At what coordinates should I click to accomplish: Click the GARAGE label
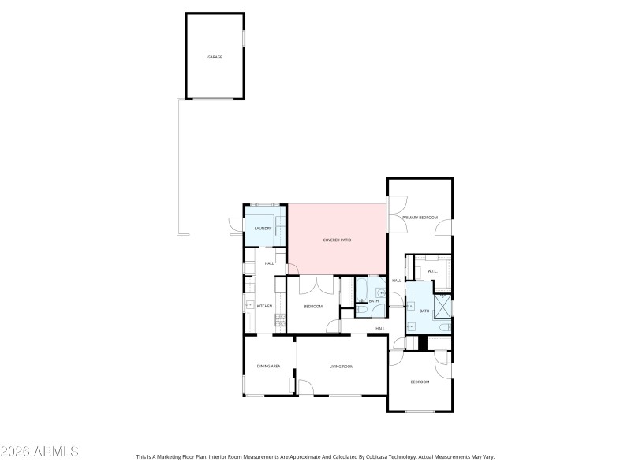pos(215,58)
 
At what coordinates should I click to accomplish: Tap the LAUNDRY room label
pos(263,229)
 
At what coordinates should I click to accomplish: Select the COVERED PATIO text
pos(337,240)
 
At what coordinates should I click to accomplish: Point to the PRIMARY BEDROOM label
pos(420,218)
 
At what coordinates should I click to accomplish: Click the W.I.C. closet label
pos(432,272)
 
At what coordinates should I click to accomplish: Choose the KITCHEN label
pos(265,306)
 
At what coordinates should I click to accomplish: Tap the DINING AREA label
pos(269,367)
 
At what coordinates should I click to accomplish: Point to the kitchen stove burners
pos(278,319)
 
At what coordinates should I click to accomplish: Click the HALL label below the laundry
pos(269,263)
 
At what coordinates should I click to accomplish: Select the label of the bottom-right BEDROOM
pos(420,382)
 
